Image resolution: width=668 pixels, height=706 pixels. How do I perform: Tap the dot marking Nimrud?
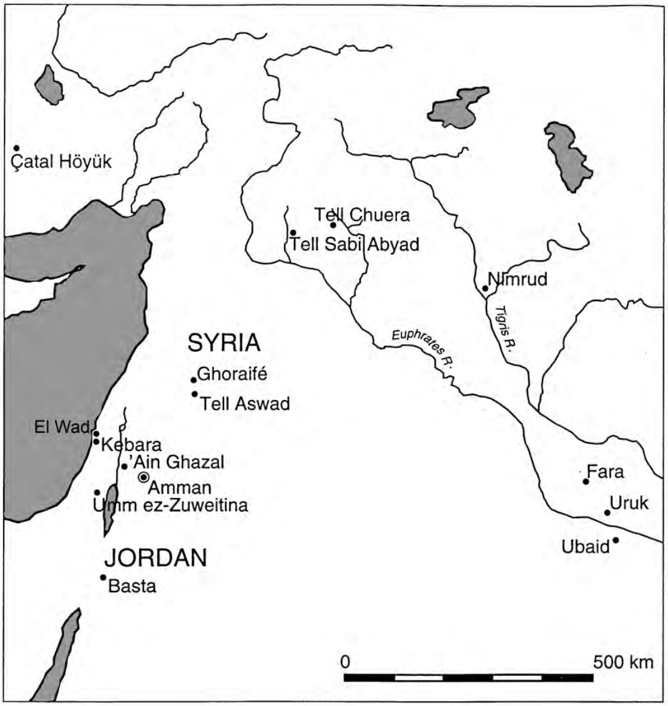coord(485,288)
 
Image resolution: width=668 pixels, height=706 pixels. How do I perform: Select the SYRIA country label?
coord(224,342)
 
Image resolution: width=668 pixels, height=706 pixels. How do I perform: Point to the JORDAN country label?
coord(155,557)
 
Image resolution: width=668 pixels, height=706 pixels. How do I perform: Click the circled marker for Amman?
coord(143,477)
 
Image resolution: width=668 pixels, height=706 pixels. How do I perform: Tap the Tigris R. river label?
coord(504,329)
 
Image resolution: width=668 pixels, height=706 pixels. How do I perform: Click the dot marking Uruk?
coord(607,512)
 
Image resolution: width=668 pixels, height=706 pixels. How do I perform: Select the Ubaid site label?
coord(585,548)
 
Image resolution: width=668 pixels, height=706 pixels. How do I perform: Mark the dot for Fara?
coord(586,481)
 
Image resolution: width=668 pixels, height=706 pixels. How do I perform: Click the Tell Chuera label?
coord(362,215)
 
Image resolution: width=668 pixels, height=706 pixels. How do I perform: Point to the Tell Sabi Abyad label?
coord(353,244)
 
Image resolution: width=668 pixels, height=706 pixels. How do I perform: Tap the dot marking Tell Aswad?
coord(195,394)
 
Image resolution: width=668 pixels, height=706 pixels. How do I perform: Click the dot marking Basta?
coord(103,577)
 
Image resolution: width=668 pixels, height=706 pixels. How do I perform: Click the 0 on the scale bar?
coord(346,662)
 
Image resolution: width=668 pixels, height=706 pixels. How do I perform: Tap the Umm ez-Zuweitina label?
coord(170,505)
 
